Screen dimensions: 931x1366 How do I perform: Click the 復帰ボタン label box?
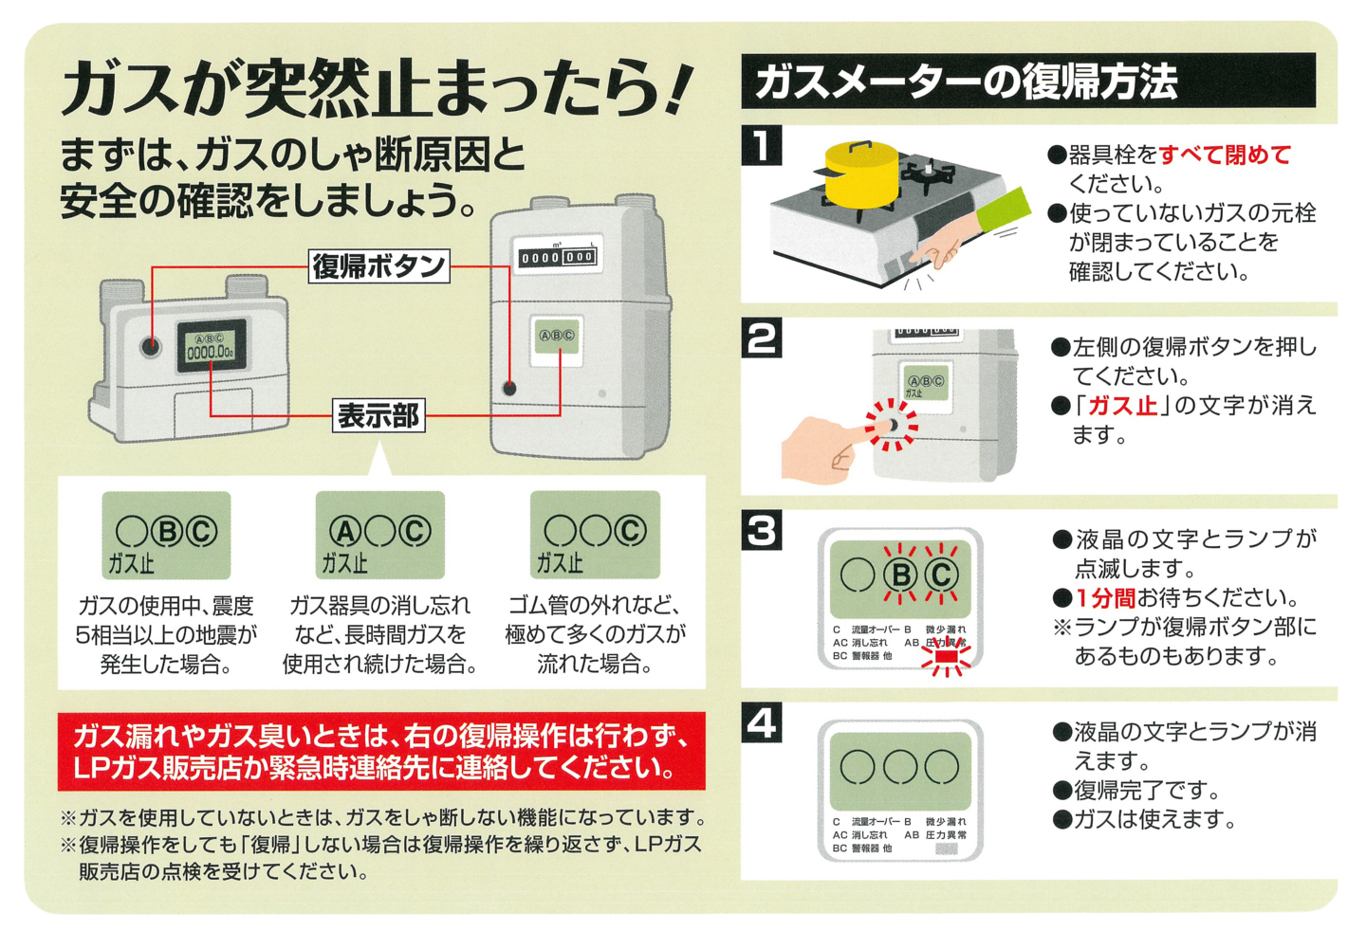click(379, 266)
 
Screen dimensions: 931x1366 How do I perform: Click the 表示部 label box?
click(378, 415)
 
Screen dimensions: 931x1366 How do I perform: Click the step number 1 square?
click(762, 146)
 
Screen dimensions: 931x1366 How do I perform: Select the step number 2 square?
click(762, 338)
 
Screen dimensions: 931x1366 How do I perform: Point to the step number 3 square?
click(762, 531)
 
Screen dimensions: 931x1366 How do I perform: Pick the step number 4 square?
click(762, 723)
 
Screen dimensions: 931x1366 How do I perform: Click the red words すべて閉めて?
click(1225, 155)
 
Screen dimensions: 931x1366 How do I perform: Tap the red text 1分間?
click(1105, 598)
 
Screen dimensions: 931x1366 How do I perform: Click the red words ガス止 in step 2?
click(1122, 406)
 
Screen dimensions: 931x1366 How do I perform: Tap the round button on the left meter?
click(151, 346)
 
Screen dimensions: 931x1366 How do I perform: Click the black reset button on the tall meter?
click(509, 388)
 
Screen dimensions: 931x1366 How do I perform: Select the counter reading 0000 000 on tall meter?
click(557, 257)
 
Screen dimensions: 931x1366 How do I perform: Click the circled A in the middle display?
click(344, 531)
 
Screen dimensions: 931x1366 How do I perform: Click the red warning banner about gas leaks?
click(381, 751)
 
